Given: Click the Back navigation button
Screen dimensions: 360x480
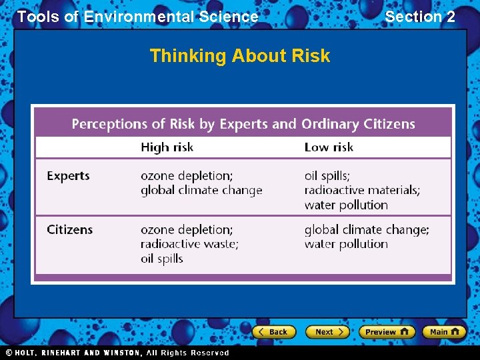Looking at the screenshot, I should tap(273, 331).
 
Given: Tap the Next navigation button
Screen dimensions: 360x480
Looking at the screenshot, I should tap(327, 331).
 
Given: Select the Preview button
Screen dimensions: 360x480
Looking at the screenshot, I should tap(387, 331).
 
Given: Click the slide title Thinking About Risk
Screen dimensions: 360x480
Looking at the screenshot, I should tap(240, 55).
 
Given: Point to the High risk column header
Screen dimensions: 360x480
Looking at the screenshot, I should tap(167, 147).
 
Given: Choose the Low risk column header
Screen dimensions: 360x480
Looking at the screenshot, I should tap(329, 147).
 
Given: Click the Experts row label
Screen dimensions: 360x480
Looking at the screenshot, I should tap(68, 176).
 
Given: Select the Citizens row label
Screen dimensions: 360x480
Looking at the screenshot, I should tap(70, 229).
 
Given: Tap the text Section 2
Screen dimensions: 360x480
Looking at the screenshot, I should tap(420, 17).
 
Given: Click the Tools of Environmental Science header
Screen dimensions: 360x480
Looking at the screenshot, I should tap(137, 17).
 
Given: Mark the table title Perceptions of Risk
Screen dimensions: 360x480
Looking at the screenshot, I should tap(243, 124).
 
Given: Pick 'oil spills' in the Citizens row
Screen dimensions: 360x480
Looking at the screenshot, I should tap(161, 259).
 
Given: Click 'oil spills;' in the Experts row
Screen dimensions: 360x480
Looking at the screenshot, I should tap(327, 176).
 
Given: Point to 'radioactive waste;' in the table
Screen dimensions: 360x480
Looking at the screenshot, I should tap(189, 244).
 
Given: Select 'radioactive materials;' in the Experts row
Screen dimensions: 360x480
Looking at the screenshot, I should tap(362, 191).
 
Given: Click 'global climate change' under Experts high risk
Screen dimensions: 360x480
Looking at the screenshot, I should tap(201, 191).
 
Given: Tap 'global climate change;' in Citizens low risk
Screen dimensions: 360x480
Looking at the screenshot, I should tap(367, 229).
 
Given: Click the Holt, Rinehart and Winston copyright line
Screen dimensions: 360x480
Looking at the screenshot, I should tap(117, 353).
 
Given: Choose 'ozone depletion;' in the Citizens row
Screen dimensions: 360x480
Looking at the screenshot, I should tap(187, 229).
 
